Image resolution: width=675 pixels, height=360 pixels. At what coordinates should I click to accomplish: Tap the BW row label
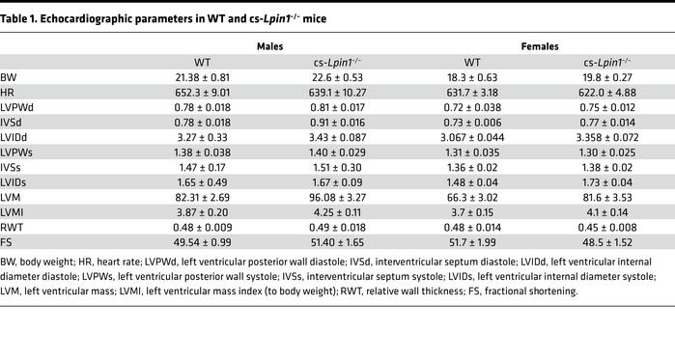(x=9, y=77)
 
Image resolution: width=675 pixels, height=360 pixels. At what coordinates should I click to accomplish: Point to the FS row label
(x=7, y=241)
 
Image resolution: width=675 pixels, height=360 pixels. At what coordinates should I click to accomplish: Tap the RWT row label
(x=12, y=225)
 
